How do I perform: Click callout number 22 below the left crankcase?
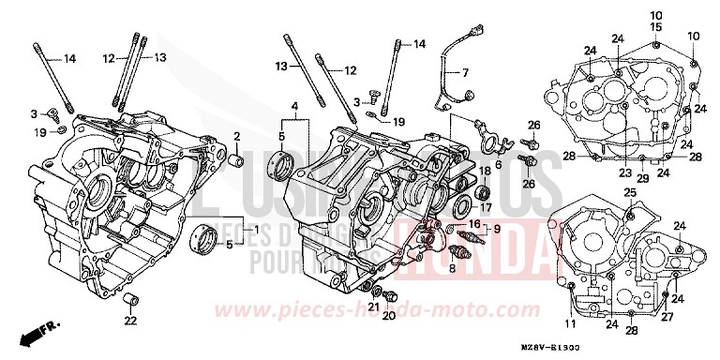[x=129, y=322]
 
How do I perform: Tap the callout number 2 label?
[x=237, y=137]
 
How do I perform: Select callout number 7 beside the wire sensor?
[x=462, y=72]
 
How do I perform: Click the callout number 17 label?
[x=487, y=207]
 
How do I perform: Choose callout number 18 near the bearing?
[x=486, y=172]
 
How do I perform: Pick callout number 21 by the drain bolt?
[x=372, y=306]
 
